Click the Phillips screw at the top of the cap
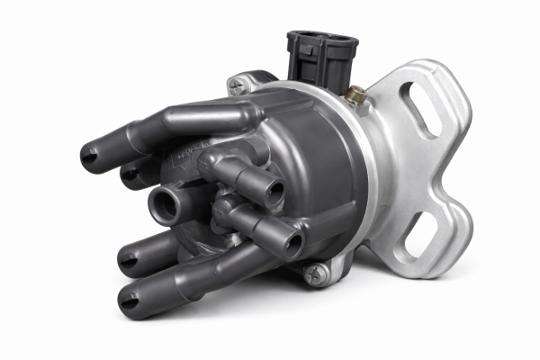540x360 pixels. click(238, 86)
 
